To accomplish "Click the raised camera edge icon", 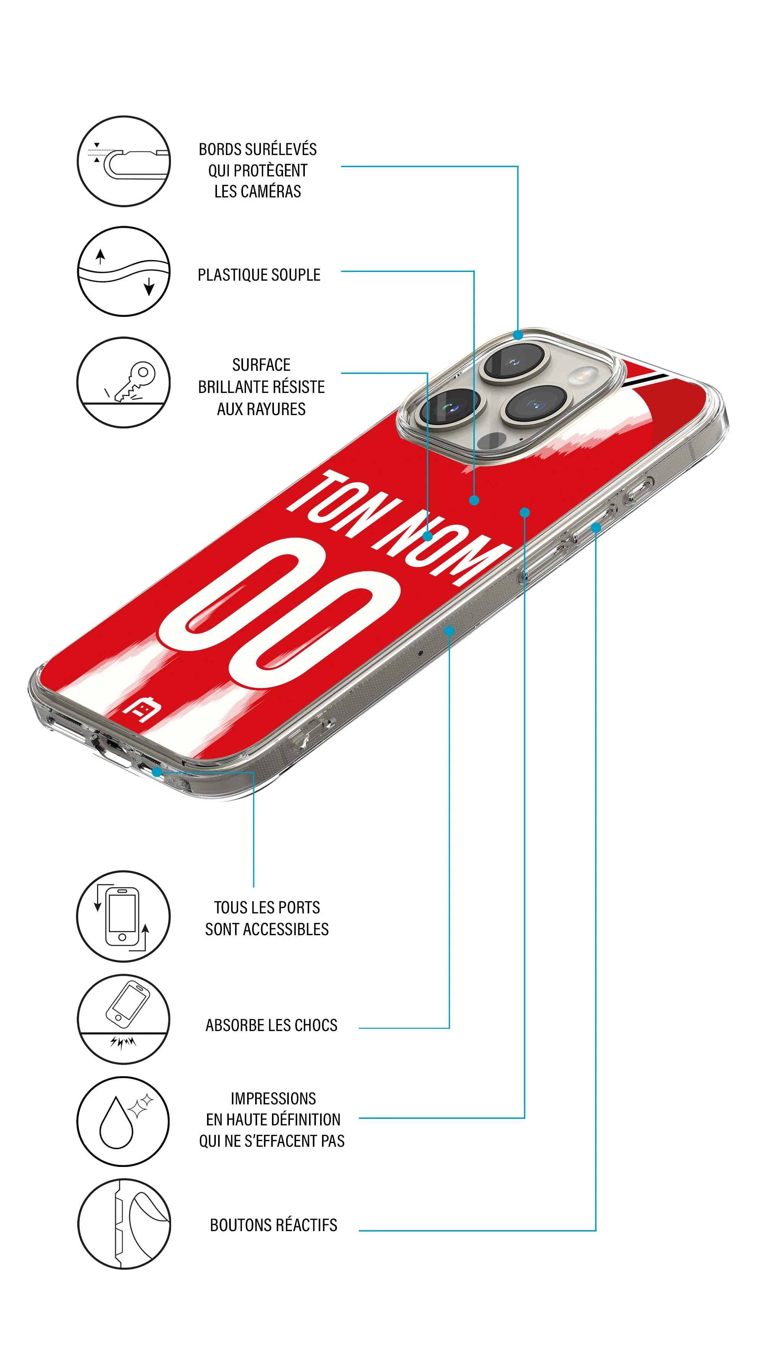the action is point(123,161).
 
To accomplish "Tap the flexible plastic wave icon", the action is point(123,271).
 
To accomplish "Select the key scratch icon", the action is point(123,382).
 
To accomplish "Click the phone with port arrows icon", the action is point(123,916).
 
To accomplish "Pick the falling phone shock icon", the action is point(123,1019).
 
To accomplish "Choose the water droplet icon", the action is point(123,1121).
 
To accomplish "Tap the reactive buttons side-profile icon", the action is point(123,1224).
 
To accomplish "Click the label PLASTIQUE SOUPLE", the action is point(259,275).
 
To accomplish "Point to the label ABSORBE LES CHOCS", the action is point(271,1025).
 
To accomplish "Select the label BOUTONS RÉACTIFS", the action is point(273,1225).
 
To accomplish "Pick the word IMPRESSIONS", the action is point(273,1099).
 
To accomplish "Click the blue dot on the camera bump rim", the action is point(518,335).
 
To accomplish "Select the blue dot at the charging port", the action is point(157,772).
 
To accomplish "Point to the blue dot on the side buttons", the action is point(596,528).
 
